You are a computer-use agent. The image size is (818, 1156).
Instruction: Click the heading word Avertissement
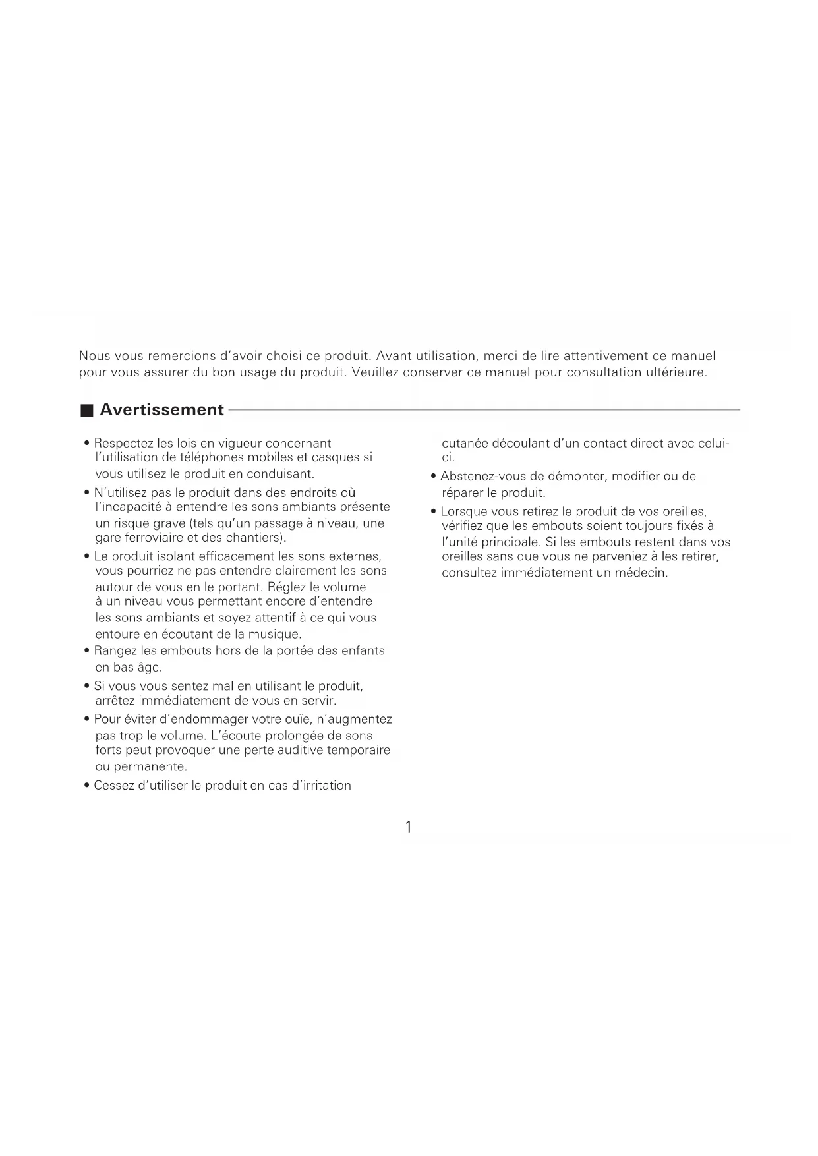click(161, 410)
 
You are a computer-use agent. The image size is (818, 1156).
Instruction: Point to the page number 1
click(409, 827)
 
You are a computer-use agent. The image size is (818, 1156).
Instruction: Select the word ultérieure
click(675, 373)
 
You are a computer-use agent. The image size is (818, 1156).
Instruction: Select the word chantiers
click(254, 538)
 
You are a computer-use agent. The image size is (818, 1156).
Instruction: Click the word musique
click(274, 635)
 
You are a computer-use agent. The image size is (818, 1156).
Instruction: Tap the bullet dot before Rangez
click(87, 650)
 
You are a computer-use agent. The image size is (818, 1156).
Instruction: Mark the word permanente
click(150, 767)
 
